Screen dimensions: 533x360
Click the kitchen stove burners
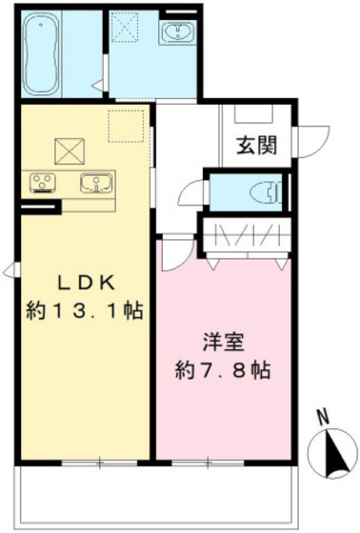43,182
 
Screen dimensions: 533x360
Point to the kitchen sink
95,183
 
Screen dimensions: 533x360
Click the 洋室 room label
221,340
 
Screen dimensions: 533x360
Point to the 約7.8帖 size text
221,369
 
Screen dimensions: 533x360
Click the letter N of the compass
322,416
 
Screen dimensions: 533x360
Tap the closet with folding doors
247,235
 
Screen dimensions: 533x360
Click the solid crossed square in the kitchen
69,148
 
